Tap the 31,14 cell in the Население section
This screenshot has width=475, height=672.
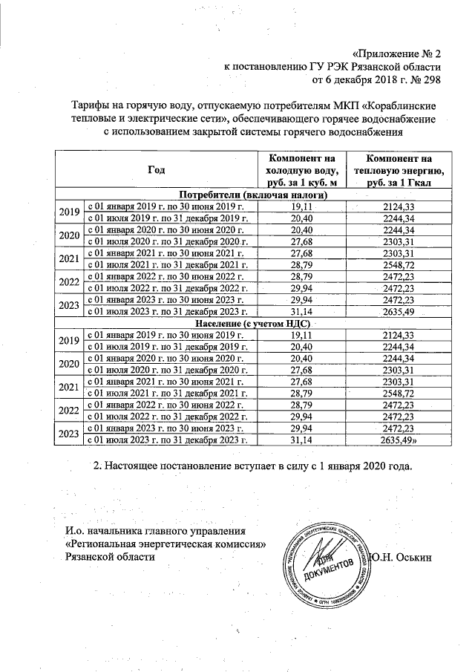click(x=302, y=440)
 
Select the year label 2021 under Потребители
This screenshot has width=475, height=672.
click(x=69, y=258)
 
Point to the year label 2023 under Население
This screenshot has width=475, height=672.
click(x=69, y=434)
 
